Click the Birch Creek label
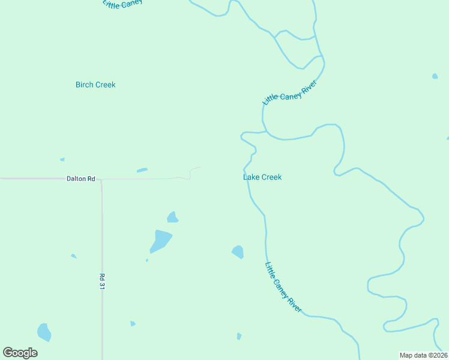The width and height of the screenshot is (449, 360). click(x=95, y=85)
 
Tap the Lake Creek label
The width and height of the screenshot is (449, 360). click(x=262, y=177)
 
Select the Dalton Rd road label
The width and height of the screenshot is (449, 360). click(x=81, y=179)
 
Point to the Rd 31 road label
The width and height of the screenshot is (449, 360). click(x=102, y=283)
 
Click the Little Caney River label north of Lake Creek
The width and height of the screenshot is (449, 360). click(x=289, y=92)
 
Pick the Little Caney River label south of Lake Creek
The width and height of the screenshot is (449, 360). click(x=283, y=287)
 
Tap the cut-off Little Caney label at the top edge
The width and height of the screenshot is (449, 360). click(x=122, y=4)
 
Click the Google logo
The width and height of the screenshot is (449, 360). click(x=20, y=353)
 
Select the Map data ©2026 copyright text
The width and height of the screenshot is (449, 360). click(x=423, y=355)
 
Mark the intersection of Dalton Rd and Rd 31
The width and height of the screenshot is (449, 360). click(x=101, y=179)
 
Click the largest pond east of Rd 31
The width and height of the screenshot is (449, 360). click(x=160, y=241)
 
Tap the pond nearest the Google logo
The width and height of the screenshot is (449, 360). click(x=44, y=332)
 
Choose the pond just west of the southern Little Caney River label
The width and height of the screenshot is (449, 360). click(x=238, y=252)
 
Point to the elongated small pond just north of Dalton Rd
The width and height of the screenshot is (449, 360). click(x=142, y=170)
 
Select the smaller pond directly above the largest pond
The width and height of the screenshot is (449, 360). click(x=173, y=217)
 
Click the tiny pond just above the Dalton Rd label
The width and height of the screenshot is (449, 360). click(x=62, y=160)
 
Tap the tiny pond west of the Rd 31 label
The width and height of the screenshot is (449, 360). click(x=74, y=256)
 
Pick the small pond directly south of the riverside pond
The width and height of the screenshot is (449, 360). click(x=239, y=336)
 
